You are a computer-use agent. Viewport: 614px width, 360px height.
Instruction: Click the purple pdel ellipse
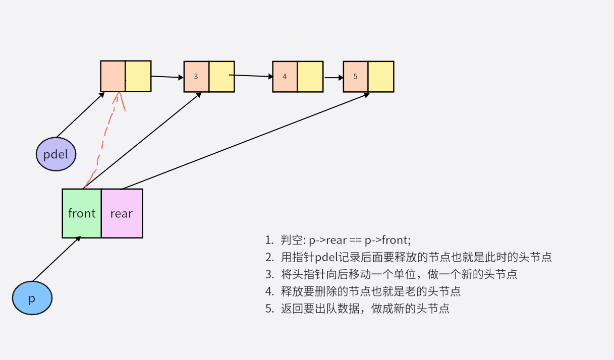56,154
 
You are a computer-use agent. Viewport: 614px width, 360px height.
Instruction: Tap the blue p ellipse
32,298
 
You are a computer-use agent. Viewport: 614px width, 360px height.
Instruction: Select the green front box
82,213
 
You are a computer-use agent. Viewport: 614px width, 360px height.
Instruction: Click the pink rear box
122,213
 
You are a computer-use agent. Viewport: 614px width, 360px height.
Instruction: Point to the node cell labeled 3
196,77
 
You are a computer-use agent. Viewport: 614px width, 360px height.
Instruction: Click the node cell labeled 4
285,77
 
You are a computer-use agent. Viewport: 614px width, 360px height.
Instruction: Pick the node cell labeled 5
356,77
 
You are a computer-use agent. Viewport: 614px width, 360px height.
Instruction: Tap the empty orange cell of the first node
113,76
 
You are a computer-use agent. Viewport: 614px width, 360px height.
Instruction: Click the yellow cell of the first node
138,76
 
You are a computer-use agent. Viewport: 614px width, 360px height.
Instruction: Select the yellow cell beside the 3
222,77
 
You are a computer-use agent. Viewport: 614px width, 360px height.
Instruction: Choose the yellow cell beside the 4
310,77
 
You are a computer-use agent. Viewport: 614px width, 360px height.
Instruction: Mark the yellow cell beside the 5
381,77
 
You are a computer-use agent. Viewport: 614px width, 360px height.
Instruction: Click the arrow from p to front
55,260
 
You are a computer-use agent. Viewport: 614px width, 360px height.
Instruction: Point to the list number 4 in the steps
269,291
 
